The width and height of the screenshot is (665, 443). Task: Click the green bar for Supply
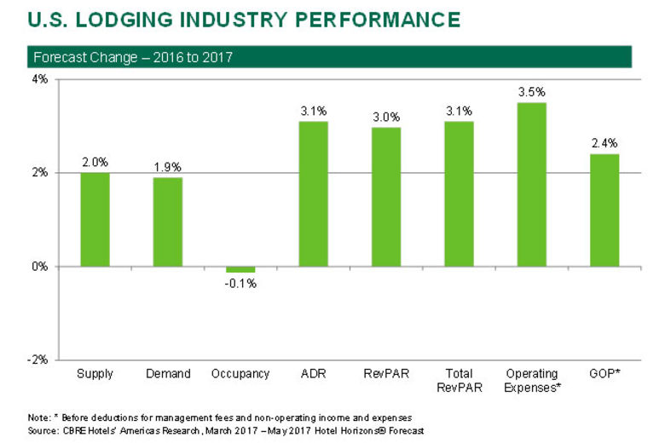pos(95,219)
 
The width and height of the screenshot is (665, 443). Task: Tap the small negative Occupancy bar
pos(240,269)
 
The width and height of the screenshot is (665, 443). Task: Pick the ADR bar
pos(313,193)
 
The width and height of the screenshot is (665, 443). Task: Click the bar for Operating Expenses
pos(531,184)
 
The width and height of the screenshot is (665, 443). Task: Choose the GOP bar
pos(604,210)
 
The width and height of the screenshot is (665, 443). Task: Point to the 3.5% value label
pos(531,91)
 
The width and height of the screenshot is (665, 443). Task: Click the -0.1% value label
pos(240,284)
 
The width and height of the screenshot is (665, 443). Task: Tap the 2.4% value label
pos(604,143)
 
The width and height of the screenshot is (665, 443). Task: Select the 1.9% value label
pos(167,166)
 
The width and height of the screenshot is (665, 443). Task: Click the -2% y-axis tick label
pos(37,360)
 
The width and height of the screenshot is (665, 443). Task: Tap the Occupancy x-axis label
pos(240,374)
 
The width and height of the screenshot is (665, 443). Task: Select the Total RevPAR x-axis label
pos(459,381)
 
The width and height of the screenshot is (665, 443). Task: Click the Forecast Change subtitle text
pos(133,58)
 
